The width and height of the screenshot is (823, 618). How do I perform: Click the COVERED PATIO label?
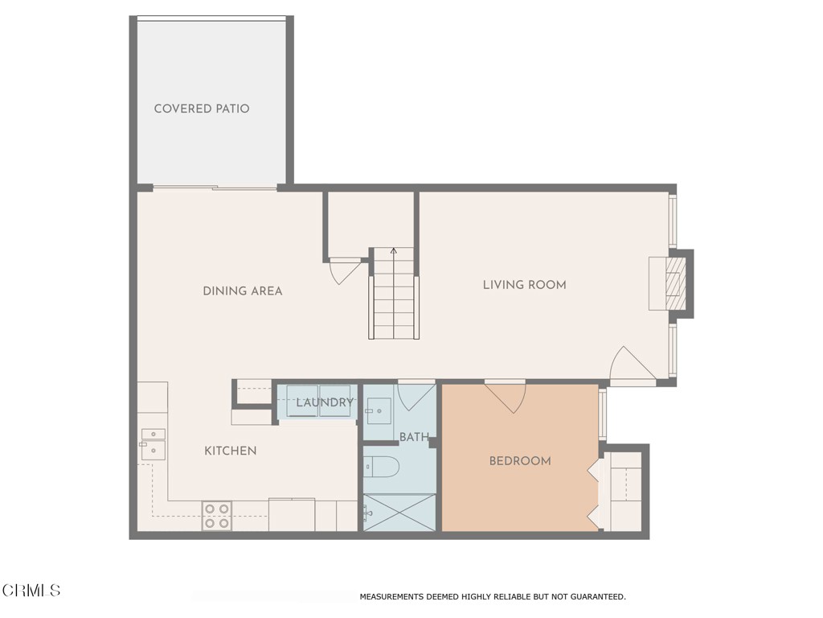[202, 109]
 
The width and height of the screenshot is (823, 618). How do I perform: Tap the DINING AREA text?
[242, 291]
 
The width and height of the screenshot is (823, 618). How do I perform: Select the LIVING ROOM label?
[524, 285]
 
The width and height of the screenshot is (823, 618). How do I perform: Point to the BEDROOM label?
[520, 461]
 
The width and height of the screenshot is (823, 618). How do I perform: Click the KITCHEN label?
[230, 451]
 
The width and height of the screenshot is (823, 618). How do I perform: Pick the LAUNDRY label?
[324, 402]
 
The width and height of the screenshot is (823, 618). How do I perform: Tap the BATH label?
[414, 437]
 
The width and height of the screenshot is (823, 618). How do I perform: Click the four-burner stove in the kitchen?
[216, 516]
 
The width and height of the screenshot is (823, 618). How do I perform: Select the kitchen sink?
[153, 444]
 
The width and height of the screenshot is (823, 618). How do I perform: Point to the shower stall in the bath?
[399, 513]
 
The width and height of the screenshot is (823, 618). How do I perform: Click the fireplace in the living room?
[669, 283]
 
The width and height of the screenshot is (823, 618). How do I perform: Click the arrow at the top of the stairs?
[394, 251]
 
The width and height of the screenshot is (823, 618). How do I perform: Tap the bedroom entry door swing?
[506, 397]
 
